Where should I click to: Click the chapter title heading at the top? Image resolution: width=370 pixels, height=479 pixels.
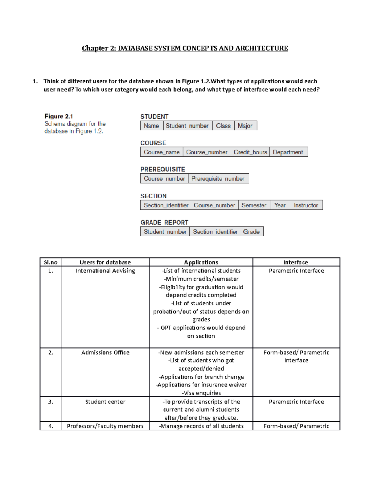click(185, 48)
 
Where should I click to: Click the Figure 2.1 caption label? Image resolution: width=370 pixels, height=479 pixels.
click(59, 116)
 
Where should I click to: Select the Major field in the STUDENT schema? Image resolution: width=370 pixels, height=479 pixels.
click(245, 126)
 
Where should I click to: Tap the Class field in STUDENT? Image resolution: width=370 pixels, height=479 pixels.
click(223, 126)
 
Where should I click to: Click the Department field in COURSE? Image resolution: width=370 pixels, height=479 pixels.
click(288, 152)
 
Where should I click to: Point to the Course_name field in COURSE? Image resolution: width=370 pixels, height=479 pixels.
click(162, 152)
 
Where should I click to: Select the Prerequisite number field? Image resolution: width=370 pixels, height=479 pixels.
click(218, 179)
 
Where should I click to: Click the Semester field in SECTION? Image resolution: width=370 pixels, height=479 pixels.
click(254, 205)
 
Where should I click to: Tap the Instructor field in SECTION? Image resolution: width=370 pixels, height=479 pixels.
click(306, 205)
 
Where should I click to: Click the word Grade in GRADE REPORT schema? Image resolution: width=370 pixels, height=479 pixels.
click(251, 232)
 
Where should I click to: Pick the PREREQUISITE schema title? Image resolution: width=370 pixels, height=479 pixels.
click(163, 169)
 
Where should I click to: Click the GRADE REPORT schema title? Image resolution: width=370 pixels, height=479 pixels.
click(164, 222)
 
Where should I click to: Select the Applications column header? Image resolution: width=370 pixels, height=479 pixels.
click(201, 262)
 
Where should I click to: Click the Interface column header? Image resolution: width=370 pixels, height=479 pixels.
click(296, 262)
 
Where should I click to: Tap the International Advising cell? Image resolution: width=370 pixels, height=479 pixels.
click(105, 270)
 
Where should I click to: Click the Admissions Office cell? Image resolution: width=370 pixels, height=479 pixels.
click(105, 352)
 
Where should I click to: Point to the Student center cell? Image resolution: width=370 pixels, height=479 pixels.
click(105, 402)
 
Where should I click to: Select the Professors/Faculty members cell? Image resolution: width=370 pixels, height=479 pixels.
click(105, 426)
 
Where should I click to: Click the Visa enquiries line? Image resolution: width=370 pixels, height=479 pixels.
click(201, 393)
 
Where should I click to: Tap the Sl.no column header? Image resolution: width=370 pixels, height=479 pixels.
click(51, 262)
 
